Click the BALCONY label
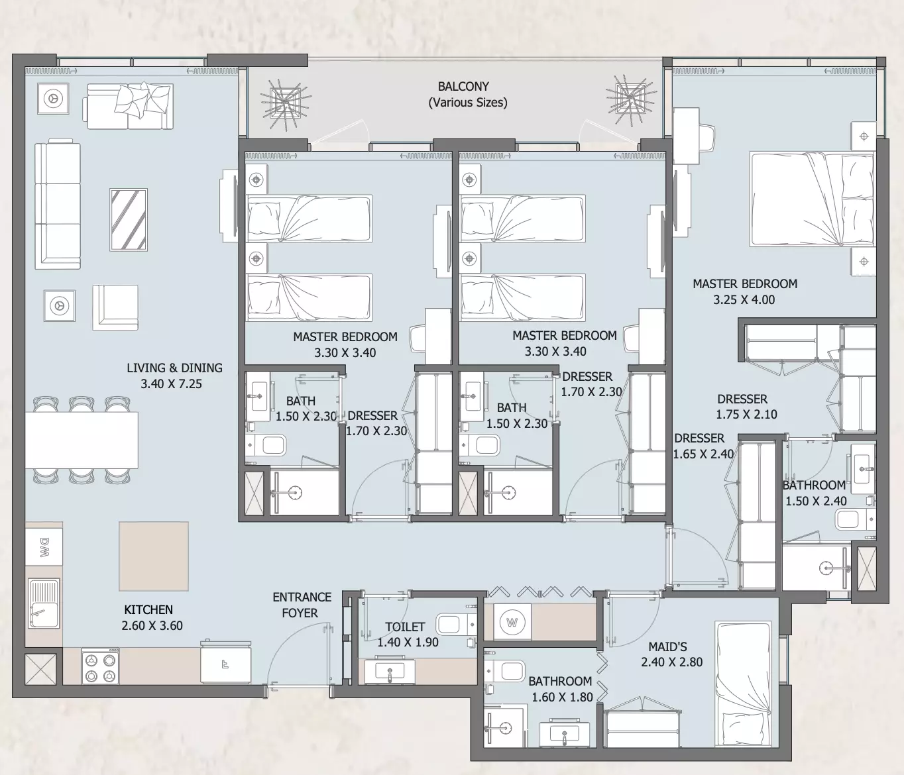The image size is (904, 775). click(463, 87)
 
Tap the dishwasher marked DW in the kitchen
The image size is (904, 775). click(44, 546)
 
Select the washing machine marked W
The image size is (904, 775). click(512, 622)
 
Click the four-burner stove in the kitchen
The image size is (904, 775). click(100, 666)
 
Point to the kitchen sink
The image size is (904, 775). click(44, 603)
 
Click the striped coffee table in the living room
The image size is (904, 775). click(129, 219)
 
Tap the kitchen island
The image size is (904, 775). click(154, 556)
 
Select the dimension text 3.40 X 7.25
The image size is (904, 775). click(171, 384)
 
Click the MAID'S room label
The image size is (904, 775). click(667, 646)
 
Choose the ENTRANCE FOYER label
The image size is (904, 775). click(301, 605)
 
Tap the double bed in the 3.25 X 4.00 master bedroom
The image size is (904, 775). click(812, 199)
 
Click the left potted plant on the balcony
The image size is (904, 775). click(286, 104)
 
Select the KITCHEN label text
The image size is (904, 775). click(148, 610)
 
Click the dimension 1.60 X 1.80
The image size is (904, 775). click(562, 697)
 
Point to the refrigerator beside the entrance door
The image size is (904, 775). click(226, 662)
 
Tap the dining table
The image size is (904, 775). click(82, 440)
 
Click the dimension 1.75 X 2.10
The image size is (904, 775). click(746, 415)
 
